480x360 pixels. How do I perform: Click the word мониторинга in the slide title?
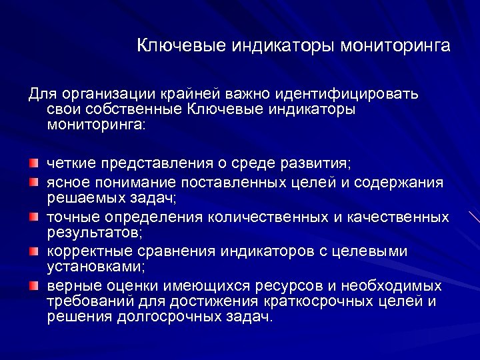[x=395, y=46]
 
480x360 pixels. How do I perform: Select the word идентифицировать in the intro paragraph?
[x=361, y=93]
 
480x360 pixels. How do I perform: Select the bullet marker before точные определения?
[x=34, y=217]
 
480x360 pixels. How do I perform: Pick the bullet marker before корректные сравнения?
[x=34, y=251]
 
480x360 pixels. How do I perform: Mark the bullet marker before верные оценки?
[x=34, y=285]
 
